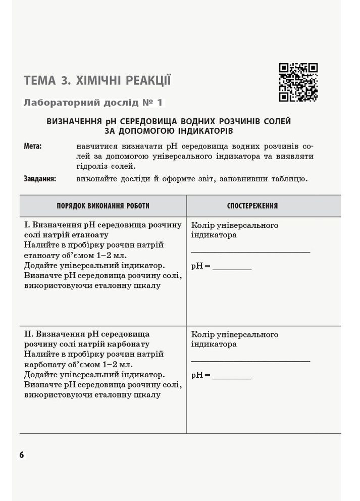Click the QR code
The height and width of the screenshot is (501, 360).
click(298, 82)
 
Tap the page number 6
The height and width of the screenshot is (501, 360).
click(22, 455)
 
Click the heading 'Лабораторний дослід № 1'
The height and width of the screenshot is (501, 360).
click(93, 103)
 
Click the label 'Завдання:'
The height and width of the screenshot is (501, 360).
click(40, 178)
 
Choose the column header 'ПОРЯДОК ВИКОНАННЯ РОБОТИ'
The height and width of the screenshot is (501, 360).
click(103, 206)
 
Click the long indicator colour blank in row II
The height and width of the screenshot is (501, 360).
click(250, 360)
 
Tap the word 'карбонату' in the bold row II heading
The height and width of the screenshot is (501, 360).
click(131, 344)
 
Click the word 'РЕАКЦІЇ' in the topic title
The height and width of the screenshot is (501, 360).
click(146, 80)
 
